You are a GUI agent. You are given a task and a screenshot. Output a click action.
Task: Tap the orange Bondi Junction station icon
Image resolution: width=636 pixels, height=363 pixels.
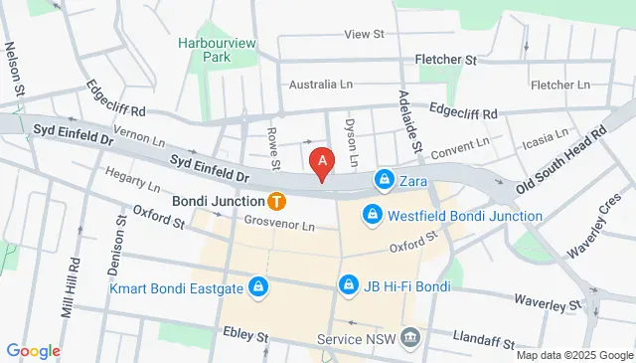(x=277, y=200)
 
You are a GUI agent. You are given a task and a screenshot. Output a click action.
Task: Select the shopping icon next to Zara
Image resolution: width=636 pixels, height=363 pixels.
(x=383, y=180)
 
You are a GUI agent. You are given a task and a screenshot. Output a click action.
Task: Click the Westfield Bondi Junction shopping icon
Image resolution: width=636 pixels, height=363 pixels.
(x=372, y=215)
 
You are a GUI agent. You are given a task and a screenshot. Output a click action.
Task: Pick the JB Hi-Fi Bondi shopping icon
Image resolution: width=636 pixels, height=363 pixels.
(x=349, y=286)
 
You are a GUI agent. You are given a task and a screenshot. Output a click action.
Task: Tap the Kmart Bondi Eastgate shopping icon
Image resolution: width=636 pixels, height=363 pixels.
(x=258, y=288)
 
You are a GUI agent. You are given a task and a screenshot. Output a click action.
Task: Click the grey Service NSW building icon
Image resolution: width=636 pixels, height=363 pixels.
(x=410, y=338)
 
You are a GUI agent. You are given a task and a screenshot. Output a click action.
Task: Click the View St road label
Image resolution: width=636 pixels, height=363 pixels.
(x=364, y=34)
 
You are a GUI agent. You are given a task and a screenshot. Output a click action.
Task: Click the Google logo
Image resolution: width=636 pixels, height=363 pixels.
(x=33, y=350)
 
